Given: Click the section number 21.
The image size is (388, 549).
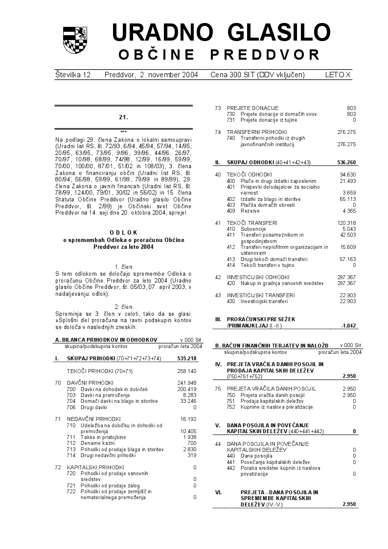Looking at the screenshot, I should point(123,117).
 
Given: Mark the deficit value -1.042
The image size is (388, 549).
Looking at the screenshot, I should point(348,325).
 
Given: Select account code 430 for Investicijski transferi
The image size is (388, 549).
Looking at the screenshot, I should point(231,301).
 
